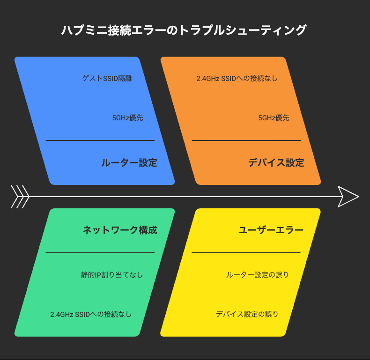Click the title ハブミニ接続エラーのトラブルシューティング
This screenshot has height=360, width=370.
point(184,30)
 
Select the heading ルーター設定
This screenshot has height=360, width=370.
point(129,163)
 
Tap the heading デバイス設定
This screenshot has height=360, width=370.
point(276,163)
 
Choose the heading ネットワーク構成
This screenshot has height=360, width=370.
point(120,230)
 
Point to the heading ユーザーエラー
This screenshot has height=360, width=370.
point(271,230)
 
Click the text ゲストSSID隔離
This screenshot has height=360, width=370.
point(107,78)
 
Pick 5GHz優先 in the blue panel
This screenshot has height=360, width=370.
point(128,118)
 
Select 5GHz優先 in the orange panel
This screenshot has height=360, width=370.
point(274,118)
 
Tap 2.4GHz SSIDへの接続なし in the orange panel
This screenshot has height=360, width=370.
point(237,78)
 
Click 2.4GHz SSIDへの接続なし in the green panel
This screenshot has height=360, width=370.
point(91,314)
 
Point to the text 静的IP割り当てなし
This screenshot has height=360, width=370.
point(112,275)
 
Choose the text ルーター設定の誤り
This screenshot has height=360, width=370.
point(258,275)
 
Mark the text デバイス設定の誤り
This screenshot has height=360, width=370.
point(247,314)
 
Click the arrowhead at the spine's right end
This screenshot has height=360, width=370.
point(348,197)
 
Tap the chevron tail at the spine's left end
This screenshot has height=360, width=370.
point(20,197)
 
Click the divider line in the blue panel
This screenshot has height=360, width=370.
point(100,140)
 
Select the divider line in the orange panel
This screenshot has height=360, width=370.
point(246,140)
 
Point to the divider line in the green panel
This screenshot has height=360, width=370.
point(100,253)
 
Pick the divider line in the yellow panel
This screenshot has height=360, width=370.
point(246,253)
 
